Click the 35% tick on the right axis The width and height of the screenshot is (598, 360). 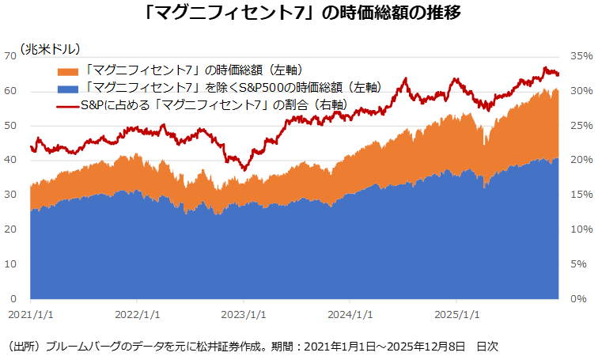(581, 56)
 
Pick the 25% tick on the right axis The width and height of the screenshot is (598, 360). (581, 126)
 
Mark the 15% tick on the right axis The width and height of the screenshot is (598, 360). (581, 195)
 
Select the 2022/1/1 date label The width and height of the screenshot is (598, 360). (138, 314)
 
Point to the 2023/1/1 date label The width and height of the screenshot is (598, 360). (244, 314)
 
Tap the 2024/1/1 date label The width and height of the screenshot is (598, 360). (351, 314)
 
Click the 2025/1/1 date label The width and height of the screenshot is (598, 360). (458, 314)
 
